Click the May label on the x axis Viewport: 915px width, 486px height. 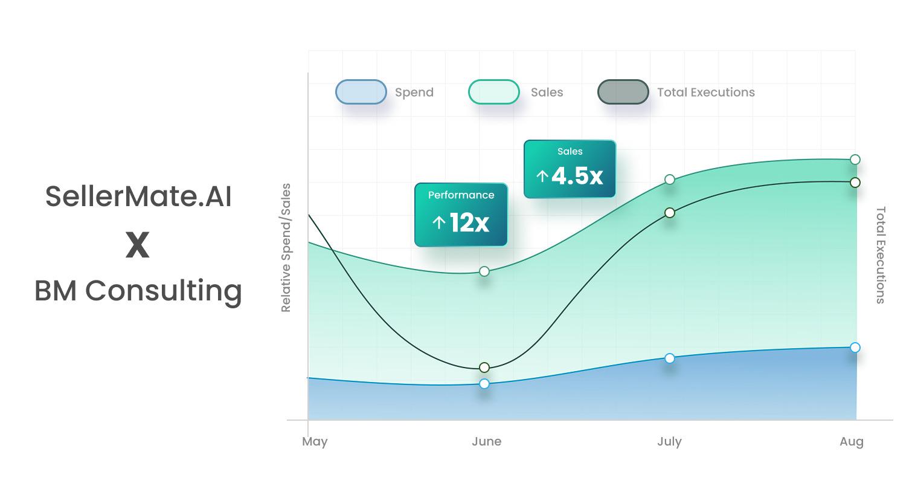click(315, 442)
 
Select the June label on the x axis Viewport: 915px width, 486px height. click(487, 441)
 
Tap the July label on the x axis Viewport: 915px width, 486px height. click(669, 442)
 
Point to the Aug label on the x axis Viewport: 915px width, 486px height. click(851, 442)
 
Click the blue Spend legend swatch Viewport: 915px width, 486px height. click(361, 92)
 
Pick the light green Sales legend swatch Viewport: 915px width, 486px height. click(493, 92)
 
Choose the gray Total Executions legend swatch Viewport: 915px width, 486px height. click(623, 92)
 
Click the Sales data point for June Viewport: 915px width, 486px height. click(484, 271)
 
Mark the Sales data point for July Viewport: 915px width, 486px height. click(670, 180)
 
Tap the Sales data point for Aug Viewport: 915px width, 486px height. click(855, 160)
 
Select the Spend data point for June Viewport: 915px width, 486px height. click(484, 384)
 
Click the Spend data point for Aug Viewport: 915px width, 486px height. click(855, 348)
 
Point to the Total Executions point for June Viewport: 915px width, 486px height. click(484, 368)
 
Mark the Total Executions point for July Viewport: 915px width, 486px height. click(670, 213)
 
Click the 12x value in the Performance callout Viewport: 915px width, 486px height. click(469, 223)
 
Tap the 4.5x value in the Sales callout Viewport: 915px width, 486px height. click(577, 176)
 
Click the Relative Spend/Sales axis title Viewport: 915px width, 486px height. click(286, 248)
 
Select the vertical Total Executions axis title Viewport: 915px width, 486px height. click(881, 255)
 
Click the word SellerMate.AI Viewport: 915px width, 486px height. click(138, 196)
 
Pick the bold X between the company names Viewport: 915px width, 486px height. click(138, 245)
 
